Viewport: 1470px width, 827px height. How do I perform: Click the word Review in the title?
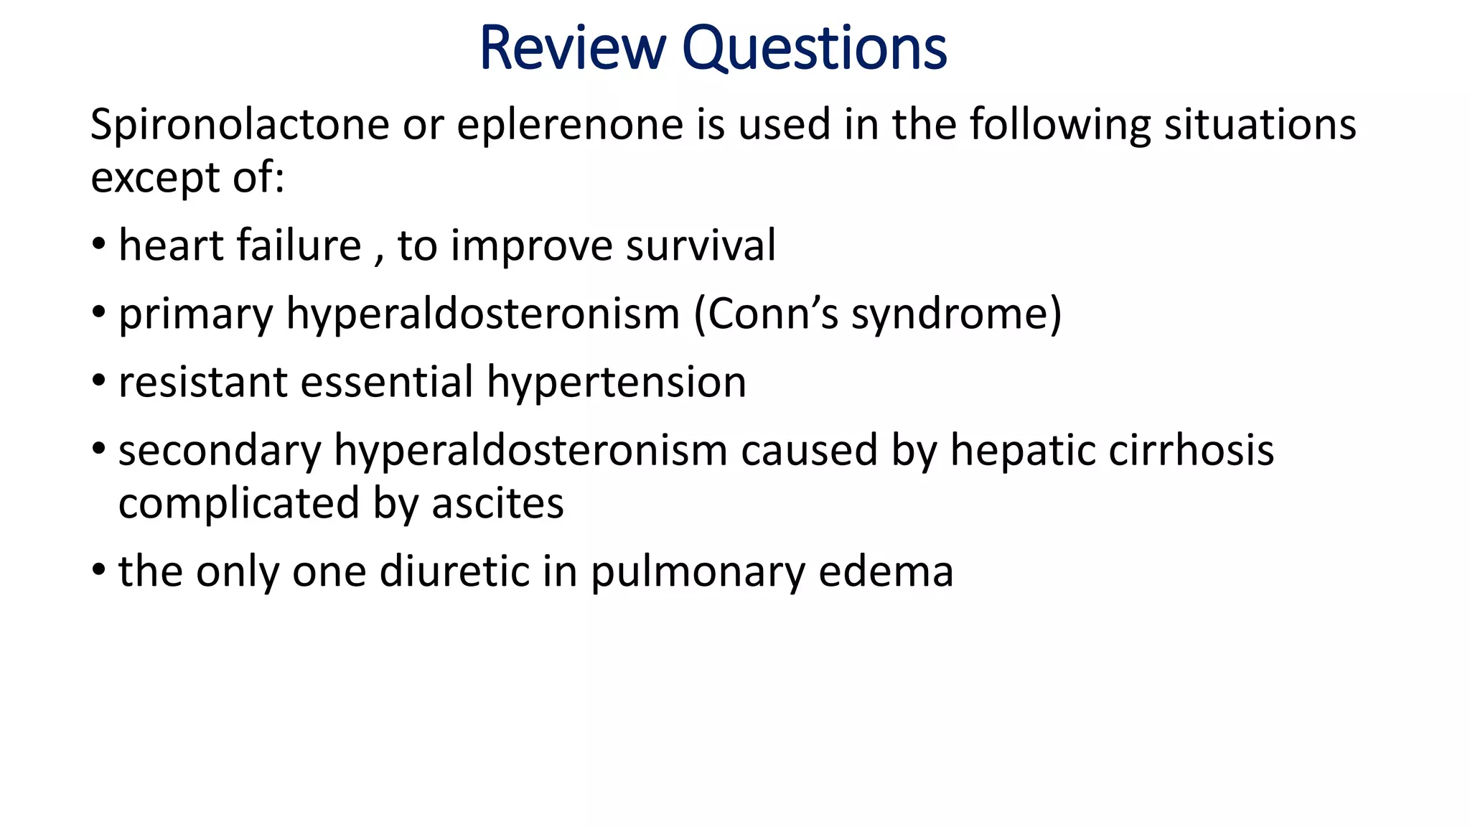tap(572, 48)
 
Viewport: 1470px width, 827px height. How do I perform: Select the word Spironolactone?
tap(240, 125)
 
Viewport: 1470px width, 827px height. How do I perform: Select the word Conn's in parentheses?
tap(772, 314)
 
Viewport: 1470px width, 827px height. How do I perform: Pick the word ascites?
tap(497, 503)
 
